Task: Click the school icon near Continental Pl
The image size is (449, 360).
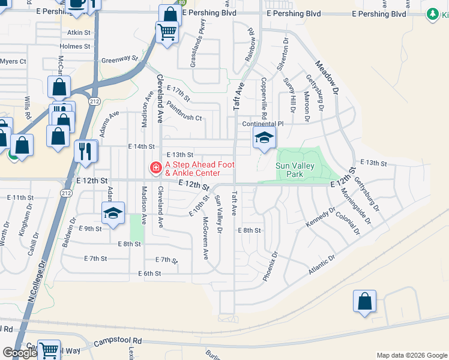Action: [x=264, y=137]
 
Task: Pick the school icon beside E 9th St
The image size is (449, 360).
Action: [x=112, y=214]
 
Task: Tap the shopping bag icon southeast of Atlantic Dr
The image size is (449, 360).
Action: [x=364, y=302]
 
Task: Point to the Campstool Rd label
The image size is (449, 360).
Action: [x=118, y=341]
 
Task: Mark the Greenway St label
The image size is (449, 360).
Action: [x=119, y=60]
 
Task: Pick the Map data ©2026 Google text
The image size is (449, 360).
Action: [x=411, y=355]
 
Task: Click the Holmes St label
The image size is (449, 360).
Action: [x=75, y=46]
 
